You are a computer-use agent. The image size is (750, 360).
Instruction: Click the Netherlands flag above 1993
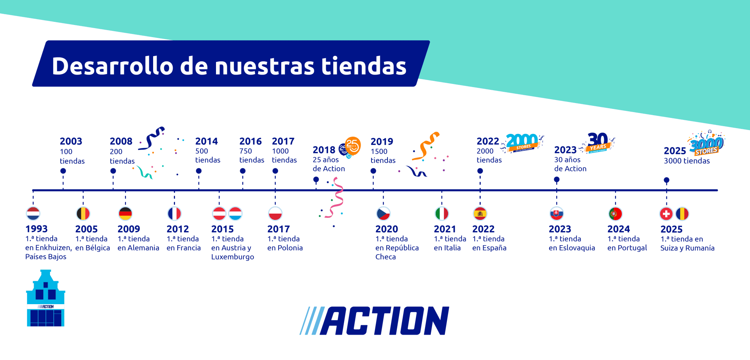pos(33,214)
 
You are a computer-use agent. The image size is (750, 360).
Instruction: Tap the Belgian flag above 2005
pos(83,214)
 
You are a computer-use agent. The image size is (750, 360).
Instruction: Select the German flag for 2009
pos(125,214)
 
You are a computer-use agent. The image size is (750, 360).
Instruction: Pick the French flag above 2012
pos(174,214)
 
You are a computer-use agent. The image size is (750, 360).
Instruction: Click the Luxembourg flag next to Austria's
pos(236,214)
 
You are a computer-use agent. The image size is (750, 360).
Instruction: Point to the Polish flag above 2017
pos(275,214)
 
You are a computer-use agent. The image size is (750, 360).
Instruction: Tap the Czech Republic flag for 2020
pos(383,214)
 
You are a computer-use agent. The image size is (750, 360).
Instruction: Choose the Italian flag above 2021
pos(442,214)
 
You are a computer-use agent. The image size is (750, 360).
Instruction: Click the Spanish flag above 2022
pos(480,214)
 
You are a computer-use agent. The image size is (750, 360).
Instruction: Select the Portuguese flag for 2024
pos(615,214)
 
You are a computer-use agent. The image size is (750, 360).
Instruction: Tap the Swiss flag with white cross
pos(666,214)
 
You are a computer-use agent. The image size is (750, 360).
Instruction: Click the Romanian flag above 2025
pos(682,214)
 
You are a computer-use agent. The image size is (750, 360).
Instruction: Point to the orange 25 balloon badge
pos(352,146)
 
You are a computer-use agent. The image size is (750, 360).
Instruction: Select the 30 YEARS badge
pos(598,142)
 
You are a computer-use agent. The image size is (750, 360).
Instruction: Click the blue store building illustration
pos(46,298)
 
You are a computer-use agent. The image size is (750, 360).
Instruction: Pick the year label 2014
pos(206,141)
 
